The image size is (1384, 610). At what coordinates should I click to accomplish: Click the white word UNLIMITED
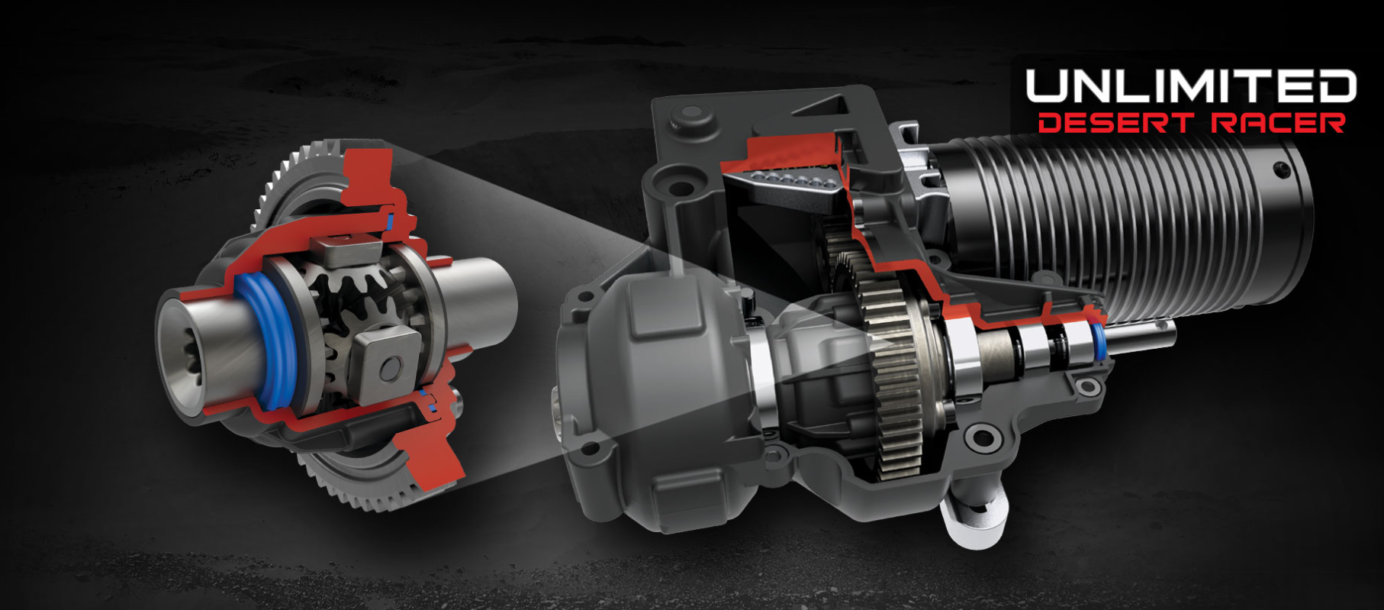click(x=1191, y=86)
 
